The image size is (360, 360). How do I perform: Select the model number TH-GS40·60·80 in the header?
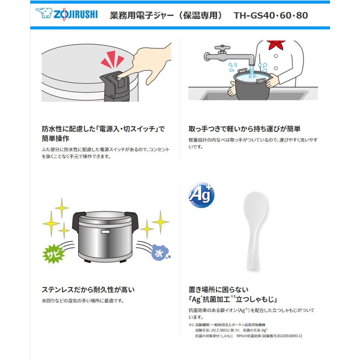pyautogui.click(x=271, y=16)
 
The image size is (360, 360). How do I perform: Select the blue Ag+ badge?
pyautogui.click(x=201, y=195)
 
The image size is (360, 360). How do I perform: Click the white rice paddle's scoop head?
pyautogui.click(x=256, y=206)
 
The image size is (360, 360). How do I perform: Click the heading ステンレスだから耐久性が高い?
pyautogui.click(x=88, y=289)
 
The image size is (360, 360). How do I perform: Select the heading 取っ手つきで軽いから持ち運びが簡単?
pyautogui.click(x=244, y=129)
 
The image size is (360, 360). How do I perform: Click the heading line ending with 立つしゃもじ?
pyautogui.click(x=233, y=299)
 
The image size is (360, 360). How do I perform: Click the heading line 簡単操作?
pyautogui.click(x=56, y=138)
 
